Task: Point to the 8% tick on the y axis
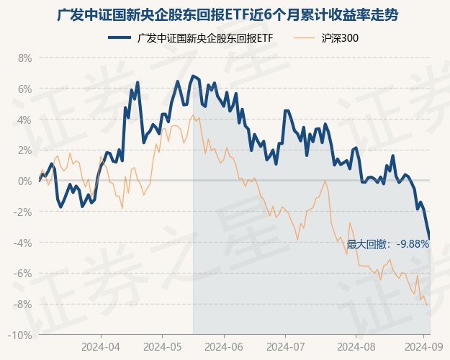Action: click(x=25, y=58)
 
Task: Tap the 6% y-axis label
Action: click(x=25, y=89)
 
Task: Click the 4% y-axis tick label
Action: click(x=25, y=120)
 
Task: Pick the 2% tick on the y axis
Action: click(x=25, y=150)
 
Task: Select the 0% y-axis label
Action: click(x=25, y=181)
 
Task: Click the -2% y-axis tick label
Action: click(x=24, y=212)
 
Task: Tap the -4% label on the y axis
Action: click(x=24, y=243)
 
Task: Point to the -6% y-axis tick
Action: click(x=24, y=274)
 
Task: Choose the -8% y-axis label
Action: click(x=24, y=305)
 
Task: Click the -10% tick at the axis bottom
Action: click(x=22, y=336)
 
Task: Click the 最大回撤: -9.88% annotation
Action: click(x=387, y=244)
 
